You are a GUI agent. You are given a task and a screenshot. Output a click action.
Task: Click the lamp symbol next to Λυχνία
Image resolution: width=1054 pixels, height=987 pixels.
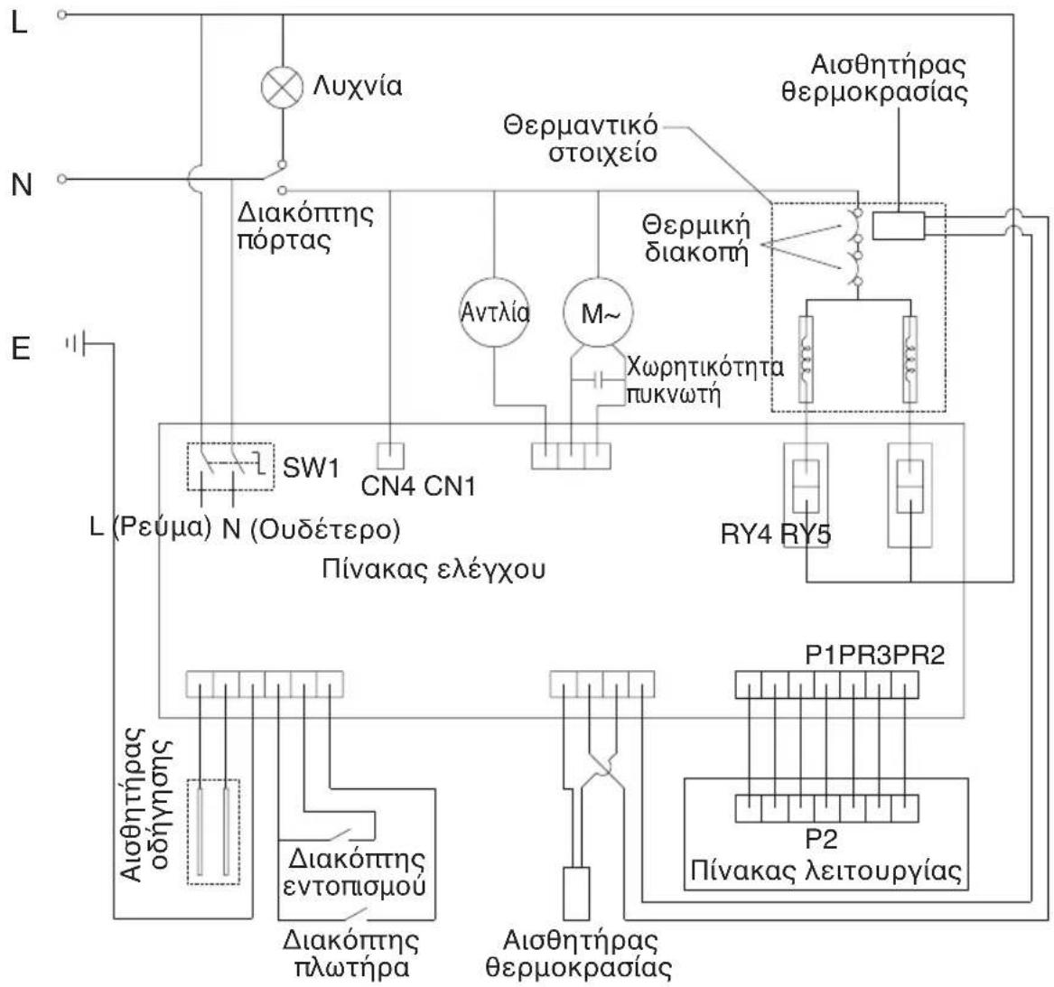pos(282,88)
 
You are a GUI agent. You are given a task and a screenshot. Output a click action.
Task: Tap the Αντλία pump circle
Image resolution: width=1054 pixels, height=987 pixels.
pos(494,313)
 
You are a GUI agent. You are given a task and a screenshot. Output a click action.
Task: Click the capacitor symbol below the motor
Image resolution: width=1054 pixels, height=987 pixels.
pos(598,381)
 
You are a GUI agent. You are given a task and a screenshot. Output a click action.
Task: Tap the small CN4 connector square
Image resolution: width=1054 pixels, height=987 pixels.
pos(390,455)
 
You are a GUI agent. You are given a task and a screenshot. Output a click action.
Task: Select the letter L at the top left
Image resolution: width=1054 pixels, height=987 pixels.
pos(20,24)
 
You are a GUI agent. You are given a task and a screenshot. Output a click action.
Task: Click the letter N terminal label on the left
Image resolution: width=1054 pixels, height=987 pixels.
pos(22,184)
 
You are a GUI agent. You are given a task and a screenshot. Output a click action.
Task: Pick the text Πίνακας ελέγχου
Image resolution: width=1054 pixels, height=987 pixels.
pos(434,570)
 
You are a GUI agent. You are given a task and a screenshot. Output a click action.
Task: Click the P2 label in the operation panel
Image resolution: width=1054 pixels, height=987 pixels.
pos(821,839)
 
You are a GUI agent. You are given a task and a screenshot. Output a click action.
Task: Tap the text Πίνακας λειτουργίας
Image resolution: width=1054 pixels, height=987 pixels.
pos(825,871)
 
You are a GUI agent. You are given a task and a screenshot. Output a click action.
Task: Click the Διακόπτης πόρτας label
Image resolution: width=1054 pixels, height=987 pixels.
pos(305,227)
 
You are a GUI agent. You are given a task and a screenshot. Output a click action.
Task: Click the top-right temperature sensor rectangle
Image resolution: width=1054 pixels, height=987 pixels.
pos(899,225)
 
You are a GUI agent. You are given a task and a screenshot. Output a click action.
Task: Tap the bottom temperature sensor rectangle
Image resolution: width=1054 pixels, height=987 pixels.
pos(576,894)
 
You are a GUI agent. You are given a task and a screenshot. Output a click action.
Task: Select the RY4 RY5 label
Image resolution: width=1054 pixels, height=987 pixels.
pos(776,535)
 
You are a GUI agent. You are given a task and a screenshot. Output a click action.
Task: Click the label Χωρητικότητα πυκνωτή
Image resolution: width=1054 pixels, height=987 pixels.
pos(704,380)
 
